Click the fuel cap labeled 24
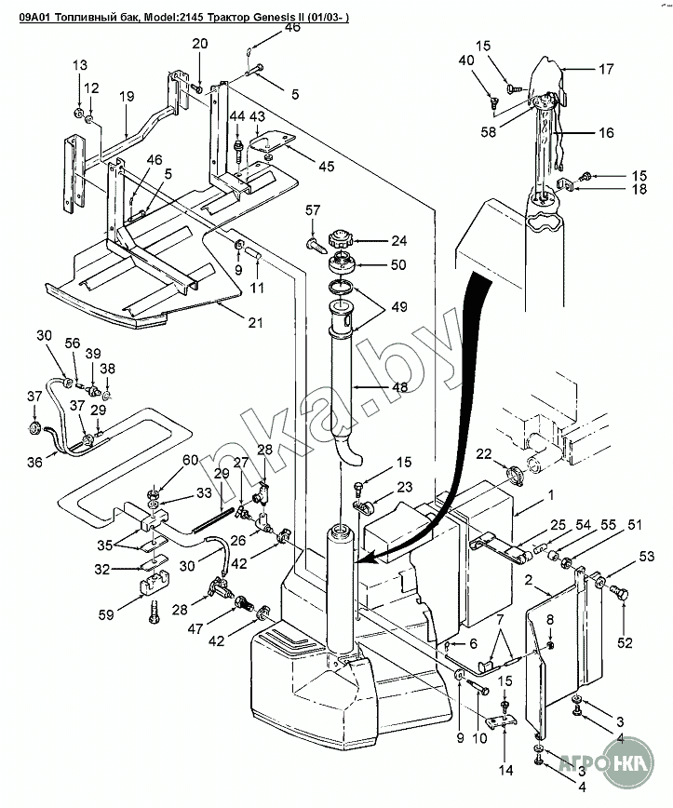339,240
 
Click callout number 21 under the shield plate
256,323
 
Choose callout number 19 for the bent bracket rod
127,97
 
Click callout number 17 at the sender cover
606,69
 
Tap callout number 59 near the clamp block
107,614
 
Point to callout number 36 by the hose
35,463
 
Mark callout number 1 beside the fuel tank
551,495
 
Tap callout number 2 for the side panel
529,580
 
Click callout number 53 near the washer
647,557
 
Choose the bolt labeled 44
238,146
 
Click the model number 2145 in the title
191,18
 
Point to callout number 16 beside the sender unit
607,132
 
